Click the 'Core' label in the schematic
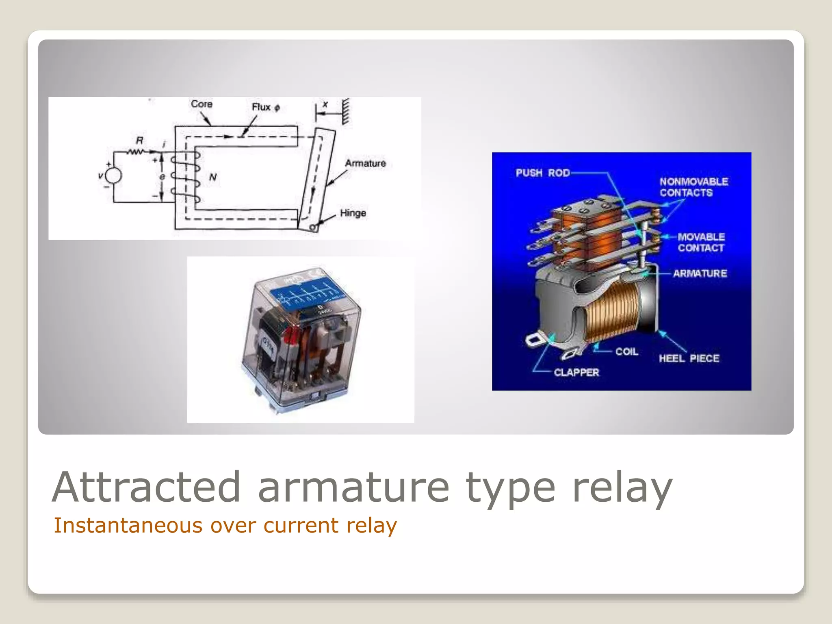pos(201,104)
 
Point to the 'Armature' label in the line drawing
pos(365,163)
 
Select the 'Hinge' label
pos(353,213)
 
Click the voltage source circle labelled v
pos(113,176)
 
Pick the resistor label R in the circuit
pos(139,141)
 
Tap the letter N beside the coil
pos(213,177)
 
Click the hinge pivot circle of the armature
pos(313,227)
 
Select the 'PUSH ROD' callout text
pos(542,173)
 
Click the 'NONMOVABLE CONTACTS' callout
pos(693,187)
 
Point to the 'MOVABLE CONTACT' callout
pos(701,242)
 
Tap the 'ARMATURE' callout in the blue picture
pos(700,273)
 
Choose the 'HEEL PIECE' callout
pos(689,358)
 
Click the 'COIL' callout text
pos(626,351)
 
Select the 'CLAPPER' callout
pos(576,372)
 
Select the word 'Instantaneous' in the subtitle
pos(128,525)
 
